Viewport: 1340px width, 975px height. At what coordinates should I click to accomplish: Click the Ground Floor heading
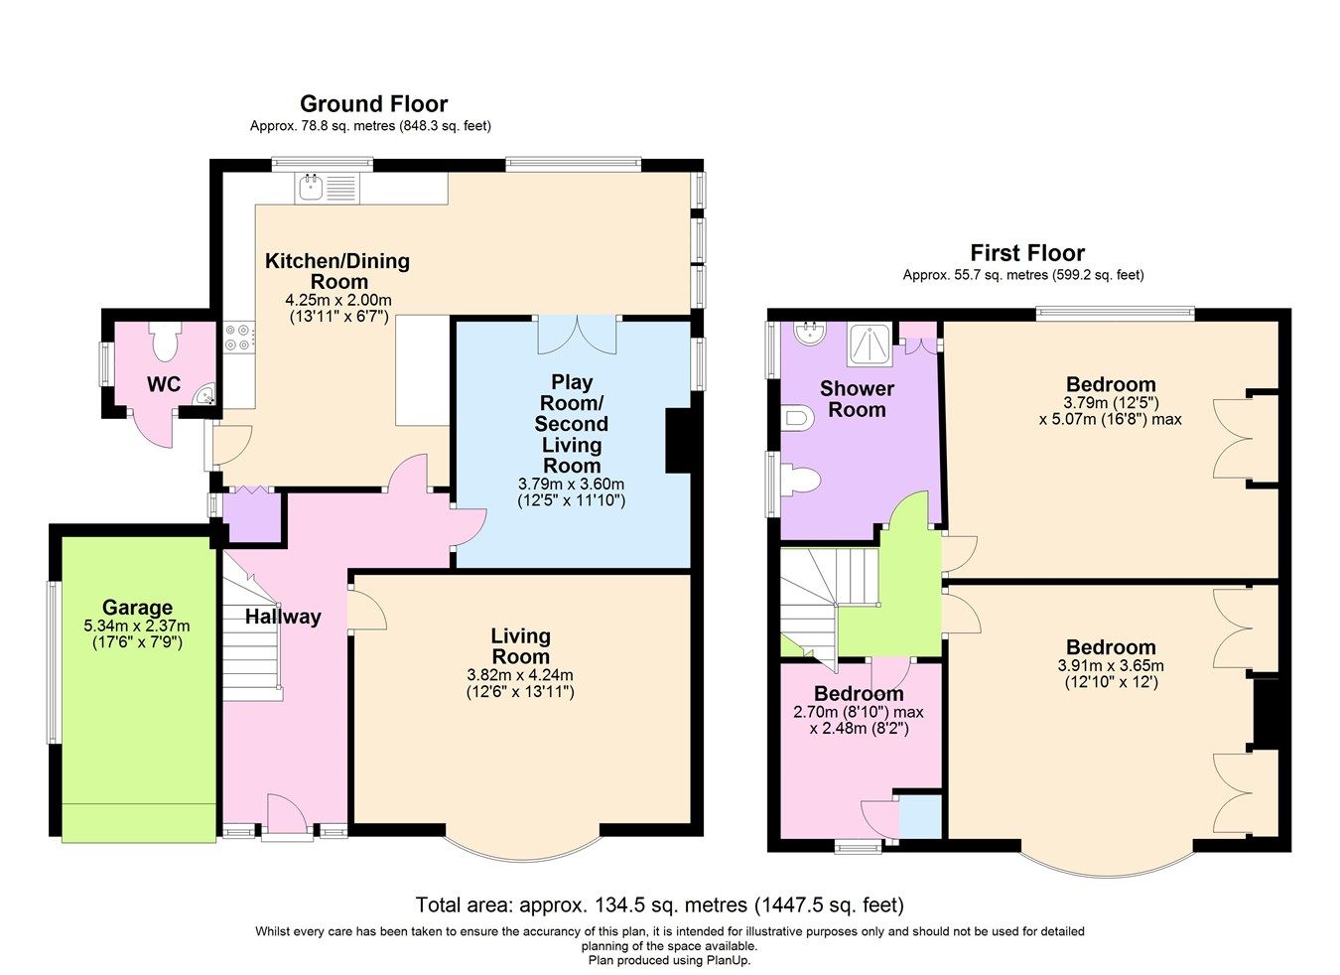coord(373,104)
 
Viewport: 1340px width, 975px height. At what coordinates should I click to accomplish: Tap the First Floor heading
coord(1027,253)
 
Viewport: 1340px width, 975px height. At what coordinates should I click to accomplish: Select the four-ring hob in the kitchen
coord(238,337)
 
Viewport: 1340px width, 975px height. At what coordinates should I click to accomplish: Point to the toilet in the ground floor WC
coord(165,343)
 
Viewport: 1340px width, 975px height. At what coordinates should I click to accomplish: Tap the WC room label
coord(164,384)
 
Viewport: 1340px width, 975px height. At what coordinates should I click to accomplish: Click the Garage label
coord(137,608)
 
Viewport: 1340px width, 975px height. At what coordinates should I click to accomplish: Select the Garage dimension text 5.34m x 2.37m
coord(137,627)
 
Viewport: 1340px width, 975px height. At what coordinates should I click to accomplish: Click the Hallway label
coord(283,617)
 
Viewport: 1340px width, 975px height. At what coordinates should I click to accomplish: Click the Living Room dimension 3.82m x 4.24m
coord(520,675)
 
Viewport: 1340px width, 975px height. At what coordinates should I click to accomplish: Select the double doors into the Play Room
coord(577,335)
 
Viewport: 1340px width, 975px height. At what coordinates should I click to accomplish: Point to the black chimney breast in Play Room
coord(677,441)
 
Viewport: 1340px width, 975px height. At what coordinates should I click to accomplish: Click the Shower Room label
coord(857,399)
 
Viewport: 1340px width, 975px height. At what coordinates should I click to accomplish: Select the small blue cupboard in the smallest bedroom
coord(920,816)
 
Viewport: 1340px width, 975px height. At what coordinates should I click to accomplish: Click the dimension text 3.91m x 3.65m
coord(1111,666)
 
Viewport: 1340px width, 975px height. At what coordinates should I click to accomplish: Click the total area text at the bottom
coord(660,905)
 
